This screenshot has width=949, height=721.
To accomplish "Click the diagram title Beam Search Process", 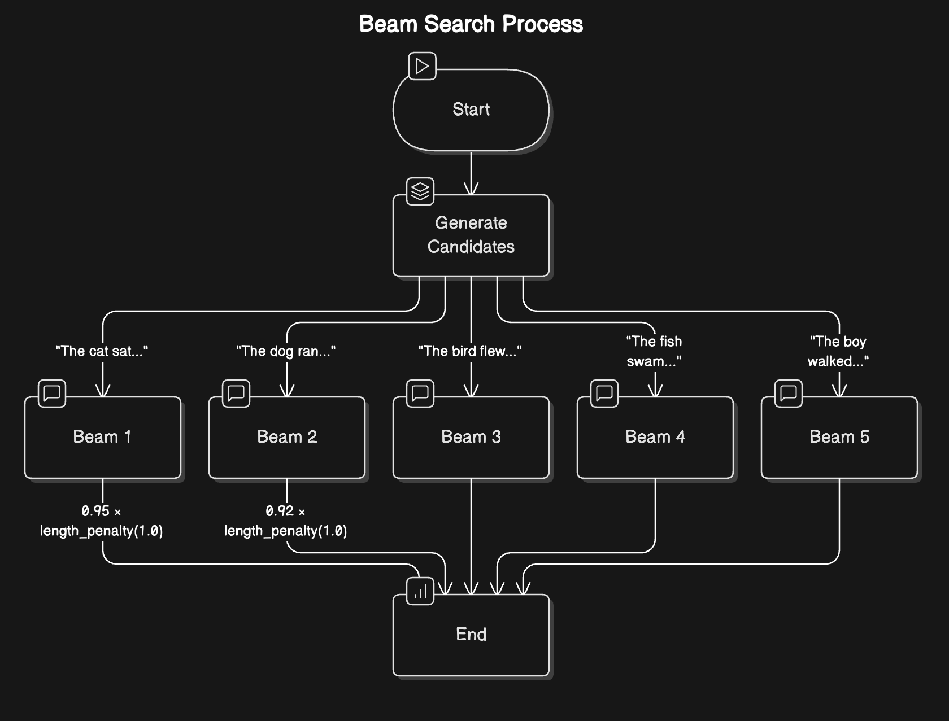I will coord(471,24).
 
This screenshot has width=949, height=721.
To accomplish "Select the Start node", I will coord(471,110).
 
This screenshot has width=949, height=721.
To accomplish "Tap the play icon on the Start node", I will coord(422,66).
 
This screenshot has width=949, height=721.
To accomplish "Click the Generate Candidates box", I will coord(471,235).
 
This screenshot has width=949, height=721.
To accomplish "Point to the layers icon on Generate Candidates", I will coord(420,191).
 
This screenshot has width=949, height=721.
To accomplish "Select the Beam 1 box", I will coord(102,437).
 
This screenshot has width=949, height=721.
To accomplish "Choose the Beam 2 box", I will coord(287,437).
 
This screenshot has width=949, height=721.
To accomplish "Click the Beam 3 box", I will coord(471,437).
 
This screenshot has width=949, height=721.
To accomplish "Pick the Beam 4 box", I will coord(655,437).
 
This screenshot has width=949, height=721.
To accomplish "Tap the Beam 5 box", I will coord(839,437).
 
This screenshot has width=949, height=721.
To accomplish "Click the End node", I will coord(471,635).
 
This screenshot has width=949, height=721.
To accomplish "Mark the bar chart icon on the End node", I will coord(420,591).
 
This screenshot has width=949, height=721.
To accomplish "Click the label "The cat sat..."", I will coord(102,351).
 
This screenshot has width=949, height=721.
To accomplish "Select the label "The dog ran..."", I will coord(286,351).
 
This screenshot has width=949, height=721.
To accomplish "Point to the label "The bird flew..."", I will coord(470,351).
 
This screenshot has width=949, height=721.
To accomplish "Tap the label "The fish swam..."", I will coord(654,351).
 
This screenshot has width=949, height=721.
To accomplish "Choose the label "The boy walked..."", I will coord(838,351).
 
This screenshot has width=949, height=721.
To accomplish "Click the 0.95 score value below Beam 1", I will coord(95,511).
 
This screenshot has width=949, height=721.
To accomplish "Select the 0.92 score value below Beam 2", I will coord(280,511).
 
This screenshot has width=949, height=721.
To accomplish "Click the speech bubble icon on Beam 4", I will coord(604,393).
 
